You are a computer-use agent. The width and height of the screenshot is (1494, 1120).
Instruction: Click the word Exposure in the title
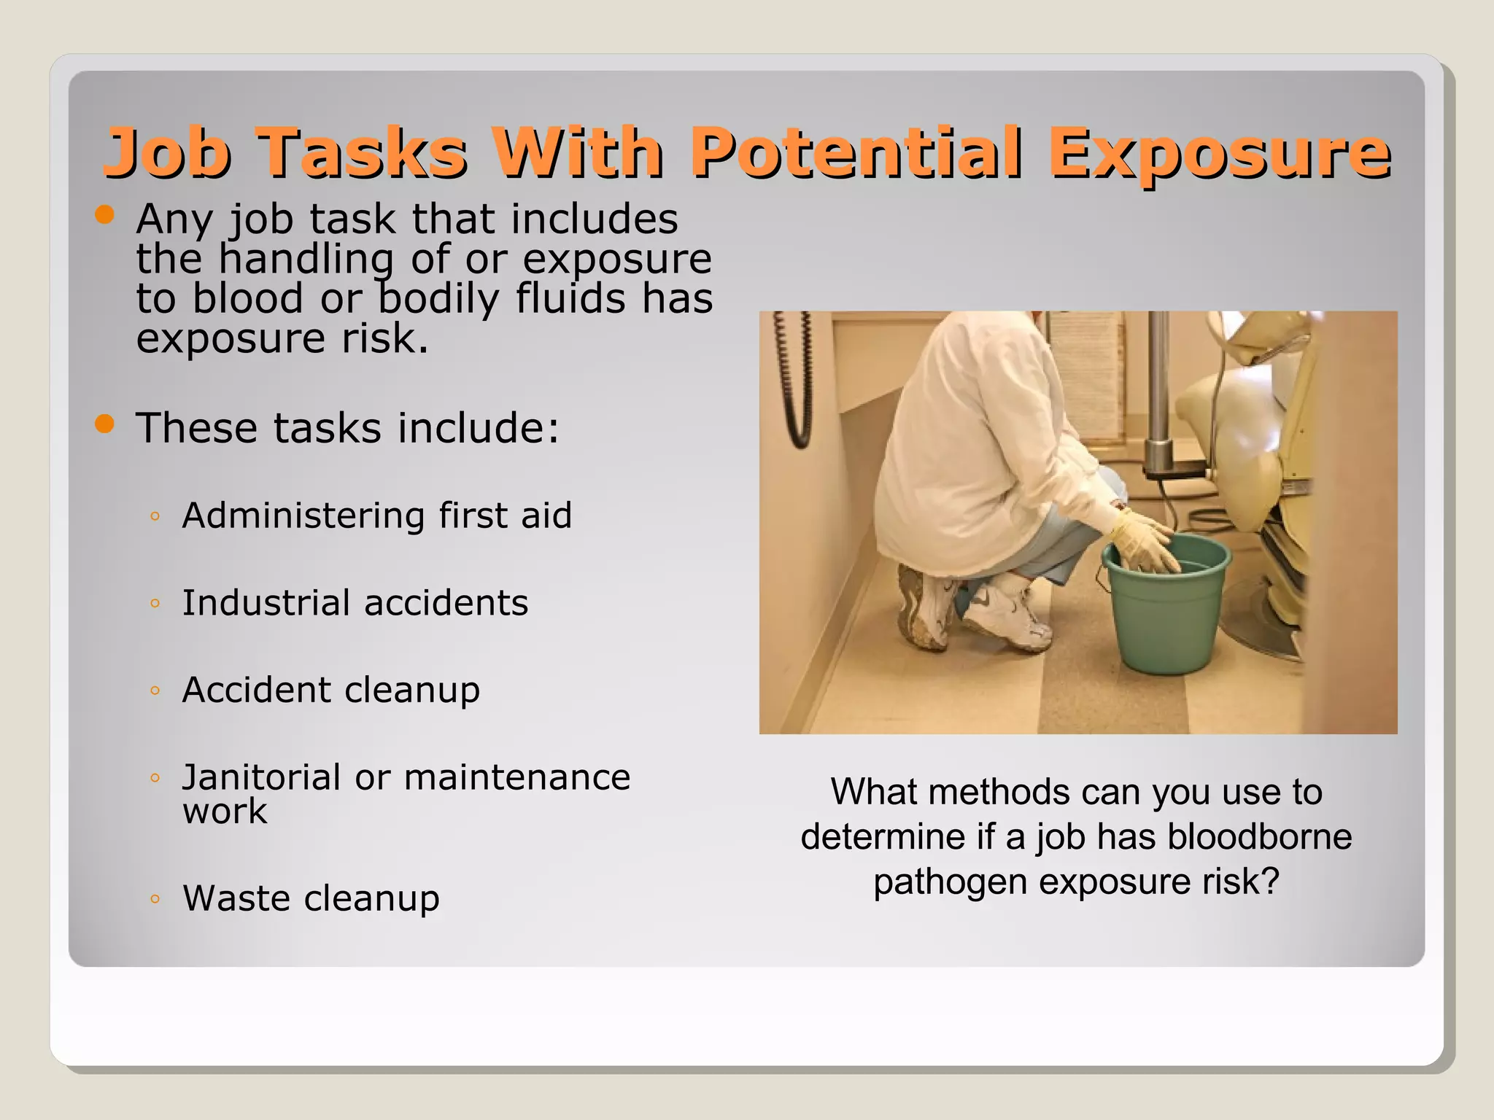[1219, 153]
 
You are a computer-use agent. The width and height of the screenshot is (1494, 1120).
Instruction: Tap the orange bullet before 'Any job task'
[105, 214]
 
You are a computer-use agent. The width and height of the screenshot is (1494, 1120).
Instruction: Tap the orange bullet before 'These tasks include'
[105, 424]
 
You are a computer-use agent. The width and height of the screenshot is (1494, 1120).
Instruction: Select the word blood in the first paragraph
[247, 299]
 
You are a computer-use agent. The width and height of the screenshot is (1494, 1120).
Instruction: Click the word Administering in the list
[303, 516]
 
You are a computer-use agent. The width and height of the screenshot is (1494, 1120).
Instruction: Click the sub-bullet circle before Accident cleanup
[154, 691]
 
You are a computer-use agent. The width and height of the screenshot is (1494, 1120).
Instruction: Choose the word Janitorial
[261, 777]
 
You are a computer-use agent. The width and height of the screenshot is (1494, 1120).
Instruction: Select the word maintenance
[516, 777]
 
